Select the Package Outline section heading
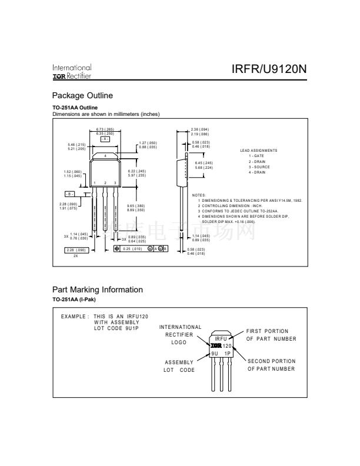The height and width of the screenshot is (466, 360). tap(82, 95)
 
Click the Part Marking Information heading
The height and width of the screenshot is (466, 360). tap(98, 289)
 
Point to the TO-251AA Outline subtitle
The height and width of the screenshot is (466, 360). tap(75, 108)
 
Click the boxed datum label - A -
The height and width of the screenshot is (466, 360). tap(105, 138)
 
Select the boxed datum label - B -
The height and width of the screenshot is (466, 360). tap(70, 193)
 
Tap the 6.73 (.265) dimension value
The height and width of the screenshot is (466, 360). tap(104, 129)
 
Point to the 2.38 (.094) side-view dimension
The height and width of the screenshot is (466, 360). tap(201, 129)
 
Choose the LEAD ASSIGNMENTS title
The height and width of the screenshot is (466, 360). tap(259, 151)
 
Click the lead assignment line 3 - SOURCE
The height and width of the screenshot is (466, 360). tap(259, 167)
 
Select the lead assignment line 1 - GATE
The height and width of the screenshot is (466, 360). tap(256, 156)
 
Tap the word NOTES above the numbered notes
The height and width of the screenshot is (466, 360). tap(199, 195)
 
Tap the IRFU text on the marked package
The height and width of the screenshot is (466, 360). tap(221, 340)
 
